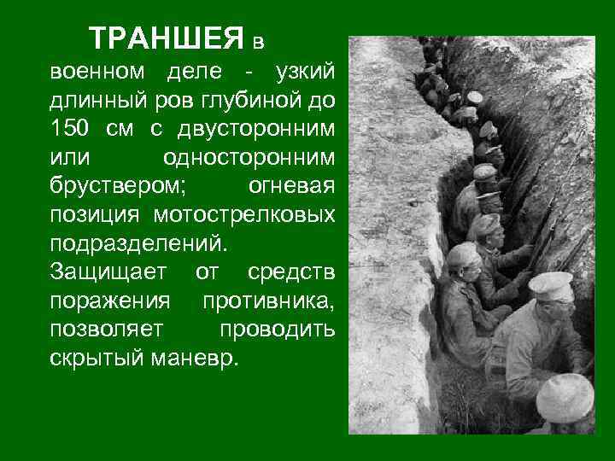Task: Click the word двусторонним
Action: coord(256,129)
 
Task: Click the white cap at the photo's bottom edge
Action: coord(565,394)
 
